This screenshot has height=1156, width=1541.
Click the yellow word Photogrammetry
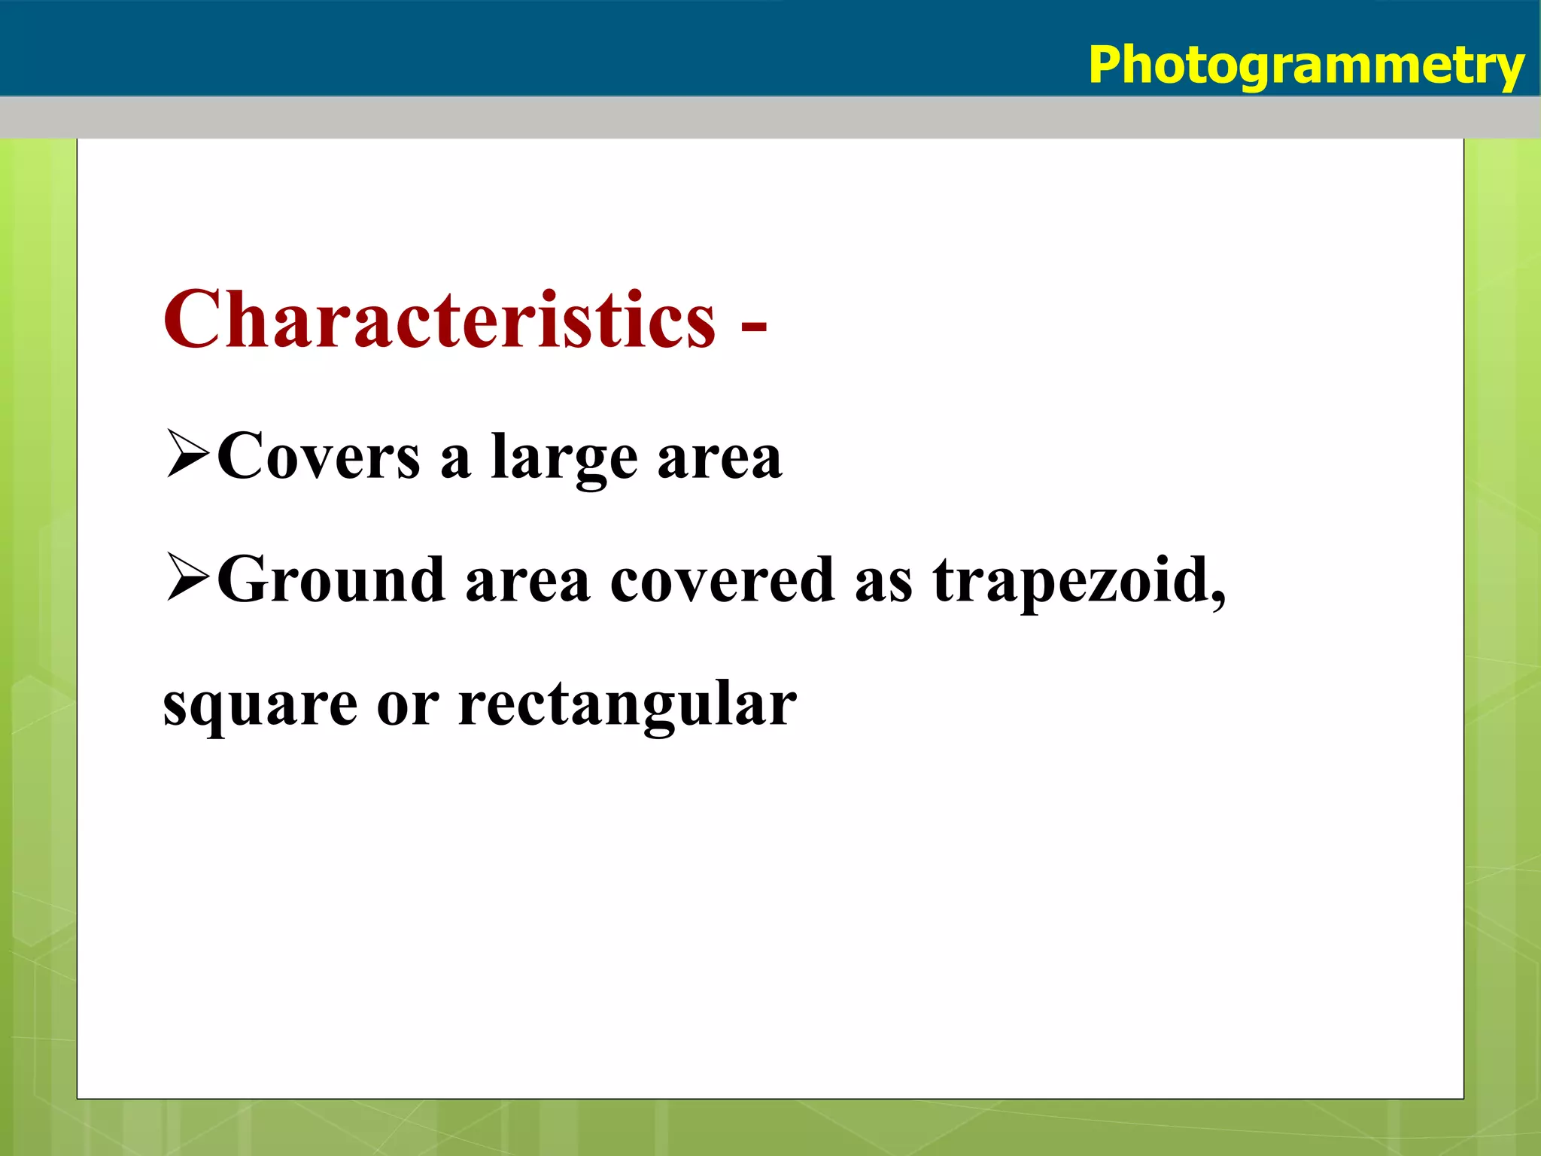tap(1305, 66)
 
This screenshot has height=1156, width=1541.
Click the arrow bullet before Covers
tap(188, 454)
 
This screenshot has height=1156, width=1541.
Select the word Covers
tap(319, 456)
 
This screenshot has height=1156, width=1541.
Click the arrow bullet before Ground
tap(188, 577)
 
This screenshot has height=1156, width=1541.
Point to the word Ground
tap(331, 580)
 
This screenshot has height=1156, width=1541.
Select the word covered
tap(722, 580)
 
